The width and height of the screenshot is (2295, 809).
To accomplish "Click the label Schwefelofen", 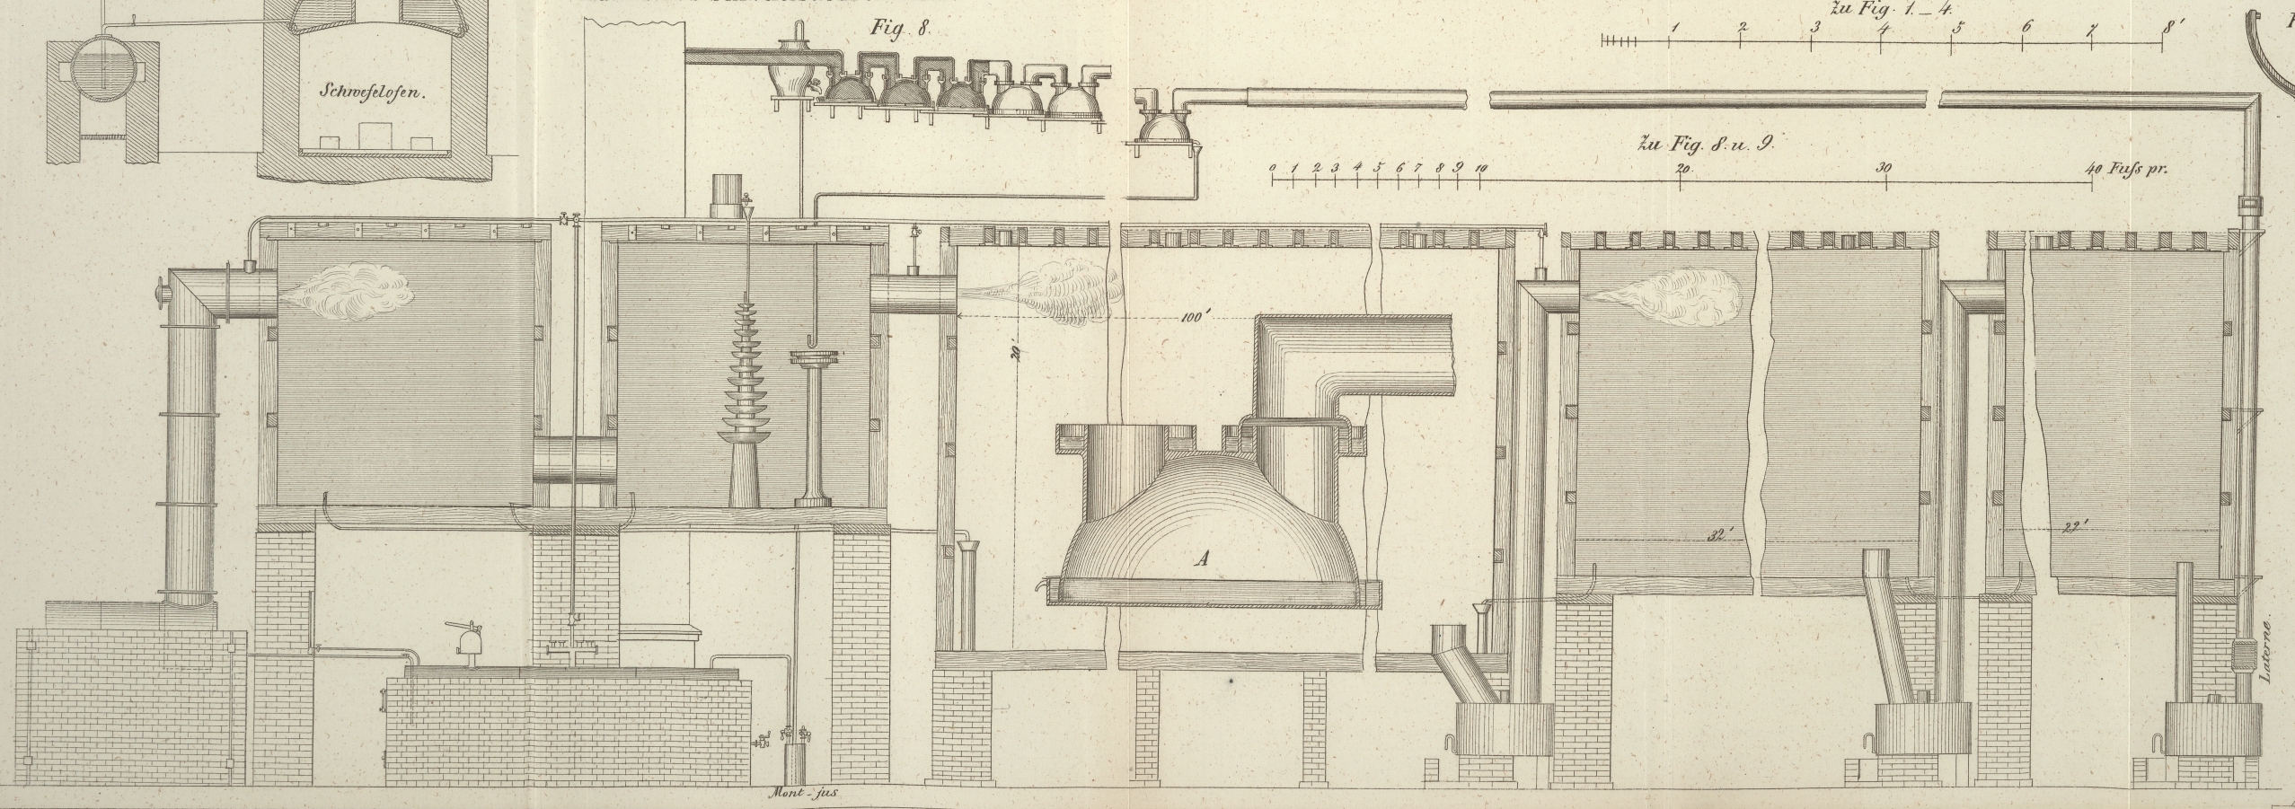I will tap(370, 92).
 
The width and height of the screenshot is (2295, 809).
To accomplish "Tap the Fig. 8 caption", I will tap(898, 28).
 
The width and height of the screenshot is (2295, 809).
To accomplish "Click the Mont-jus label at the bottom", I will tap(803, 793).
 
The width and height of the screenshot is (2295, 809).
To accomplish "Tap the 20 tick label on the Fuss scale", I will tap(1683, 169).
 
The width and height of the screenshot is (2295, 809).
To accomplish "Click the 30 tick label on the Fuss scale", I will tap(1884, 169).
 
